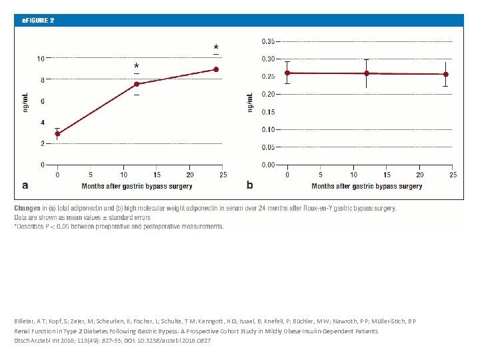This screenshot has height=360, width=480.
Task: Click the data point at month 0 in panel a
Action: (57, 134)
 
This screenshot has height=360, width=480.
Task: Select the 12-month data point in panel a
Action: (137, 84)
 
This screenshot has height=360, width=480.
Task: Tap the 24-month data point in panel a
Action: (216, 69)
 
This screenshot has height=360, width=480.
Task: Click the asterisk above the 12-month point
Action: (137, 67)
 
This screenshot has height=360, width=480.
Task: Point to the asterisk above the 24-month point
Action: (215, 47)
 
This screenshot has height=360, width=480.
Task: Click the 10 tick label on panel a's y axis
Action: (41, 59)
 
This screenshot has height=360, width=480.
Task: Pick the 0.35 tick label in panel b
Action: (267, 41)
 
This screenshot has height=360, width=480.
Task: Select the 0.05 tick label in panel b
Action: (267, 147)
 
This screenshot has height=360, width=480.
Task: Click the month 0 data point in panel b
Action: (287, 73)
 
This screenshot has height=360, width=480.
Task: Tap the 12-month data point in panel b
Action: (367, 73)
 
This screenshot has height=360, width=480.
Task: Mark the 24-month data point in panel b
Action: (445, 74)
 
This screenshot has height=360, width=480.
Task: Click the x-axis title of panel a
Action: (137, 187)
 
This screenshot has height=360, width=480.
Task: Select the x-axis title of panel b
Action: (367, 187)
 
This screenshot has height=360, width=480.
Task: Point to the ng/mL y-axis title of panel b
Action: (250, 102)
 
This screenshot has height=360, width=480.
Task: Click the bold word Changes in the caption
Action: (27, 208)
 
